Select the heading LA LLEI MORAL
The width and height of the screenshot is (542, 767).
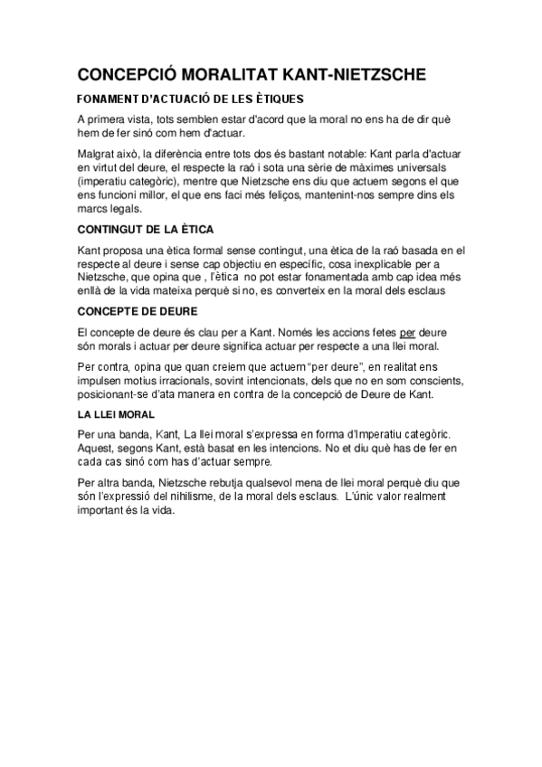113,414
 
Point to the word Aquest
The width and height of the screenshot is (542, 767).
96,448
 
